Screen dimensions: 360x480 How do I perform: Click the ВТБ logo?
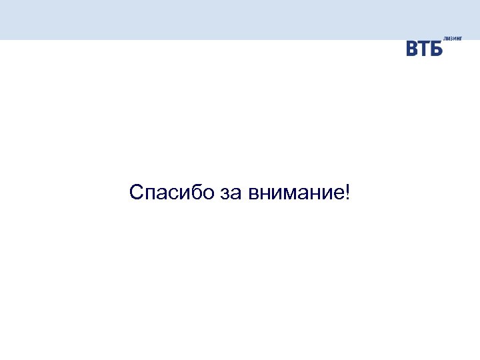425,49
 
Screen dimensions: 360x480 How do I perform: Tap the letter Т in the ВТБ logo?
425,49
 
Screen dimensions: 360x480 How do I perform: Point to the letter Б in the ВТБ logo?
436,49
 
